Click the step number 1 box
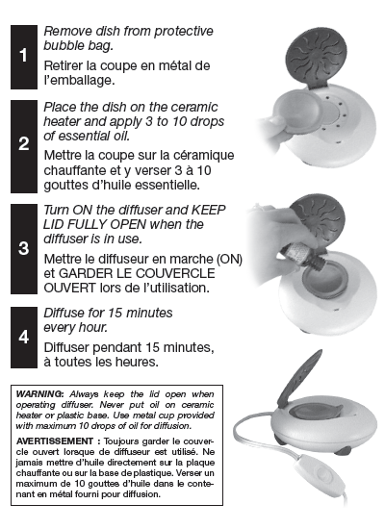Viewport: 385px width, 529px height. tap(24, 57)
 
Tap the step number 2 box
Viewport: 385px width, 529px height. tap(24, 146)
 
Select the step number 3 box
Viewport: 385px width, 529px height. tap(24, 249)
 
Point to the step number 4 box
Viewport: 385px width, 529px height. tap(24, 337)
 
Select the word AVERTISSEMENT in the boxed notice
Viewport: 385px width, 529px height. tap(55, 441)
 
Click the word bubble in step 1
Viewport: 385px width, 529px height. tap(62, 45)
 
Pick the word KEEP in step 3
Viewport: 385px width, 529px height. tap(208, 210)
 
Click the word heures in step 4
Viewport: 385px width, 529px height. tap(137, 362)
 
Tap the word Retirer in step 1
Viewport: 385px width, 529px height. tap(64, 65)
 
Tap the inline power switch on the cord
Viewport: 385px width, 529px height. tap(320, 473)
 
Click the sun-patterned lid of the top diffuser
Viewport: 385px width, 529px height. tap(315, 60)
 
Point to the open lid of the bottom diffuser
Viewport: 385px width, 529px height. tap(299, 377)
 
